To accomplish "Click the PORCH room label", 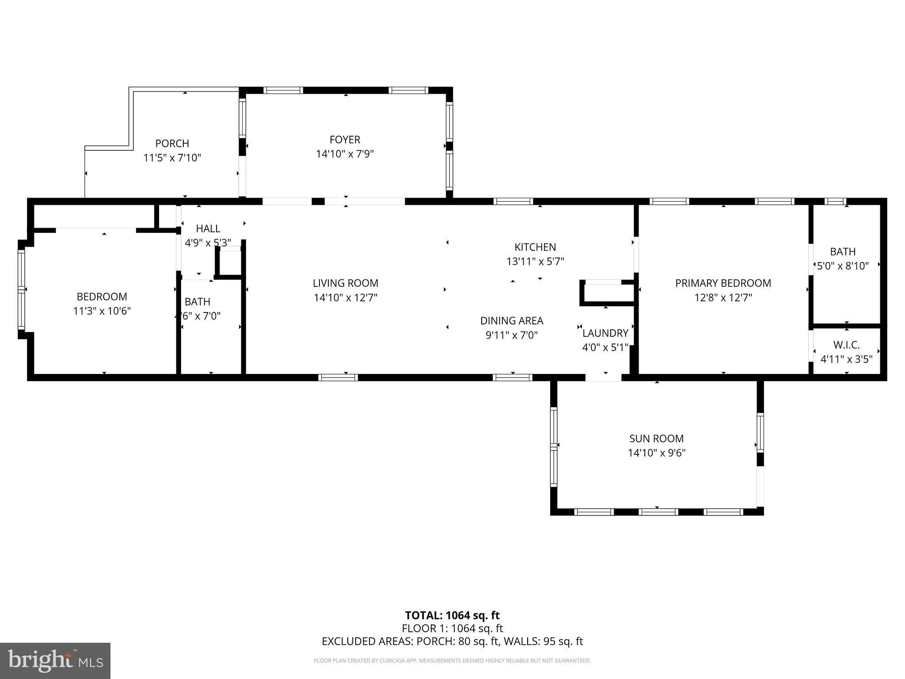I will click(172, 144).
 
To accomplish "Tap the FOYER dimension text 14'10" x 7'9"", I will click(345, 154).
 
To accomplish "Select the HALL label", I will click(208, 229).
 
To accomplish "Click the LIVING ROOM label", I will click(346, 283).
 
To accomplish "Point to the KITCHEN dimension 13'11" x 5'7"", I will click(535, 262).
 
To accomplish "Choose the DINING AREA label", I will click(512, 321).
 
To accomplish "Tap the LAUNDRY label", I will click(605, 333).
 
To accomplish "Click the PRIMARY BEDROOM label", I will click(723, 283).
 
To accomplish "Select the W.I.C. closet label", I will click(846, 345).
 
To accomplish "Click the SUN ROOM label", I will click(656, 439).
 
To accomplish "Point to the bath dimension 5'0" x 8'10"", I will click(843, 266).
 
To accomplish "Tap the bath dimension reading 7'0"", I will click(198, 316).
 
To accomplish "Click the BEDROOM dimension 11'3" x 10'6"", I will click(102, 311).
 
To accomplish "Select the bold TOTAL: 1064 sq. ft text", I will click(452, 615).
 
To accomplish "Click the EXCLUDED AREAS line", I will click(452, 641).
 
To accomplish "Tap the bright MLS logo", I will click(55, 660).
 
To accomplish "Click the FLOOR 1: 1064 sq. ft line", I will click(452, 628).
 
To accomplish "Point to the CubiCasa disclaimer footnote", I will click(452, 661).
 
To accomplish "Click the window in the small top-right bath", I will click(836, 202).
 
